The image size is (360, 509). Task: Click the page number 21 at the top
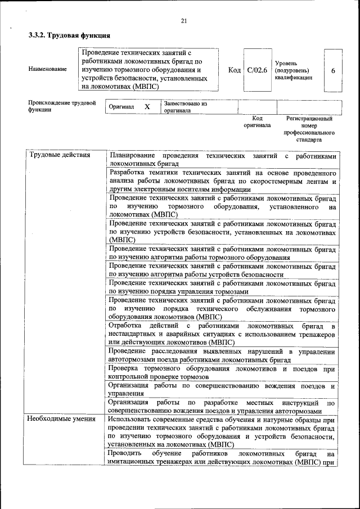(x=183, y=21)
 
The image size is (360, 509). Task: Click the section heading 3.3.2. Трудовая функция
(x=69, y=35)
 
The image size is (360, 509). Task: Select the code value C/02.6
(x=257, y=71)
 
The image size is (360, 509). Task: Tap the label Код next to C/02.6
(x=234, y=71)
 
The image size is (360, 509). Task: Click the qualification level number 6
(x=334, y=71)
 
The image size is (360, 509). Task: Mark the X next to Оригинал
(x=147, y=107)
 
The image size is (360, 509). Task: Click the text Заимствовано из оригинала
(x=186, y=107)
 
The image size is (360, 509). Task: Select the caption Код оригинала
(x=257, y=122)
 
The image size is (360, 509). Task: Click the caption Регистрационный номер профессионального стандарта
(x=309, y=129)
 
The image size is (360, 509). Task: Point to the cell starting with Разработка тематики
(x=223, y=181)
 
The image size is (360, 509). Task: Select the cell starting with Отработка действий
(x=223, y=334)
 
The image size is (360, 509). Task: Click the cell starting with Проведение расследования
(x=223, y=355)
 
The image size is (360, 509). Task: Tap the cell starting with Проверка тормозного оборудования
(x=223, y=372)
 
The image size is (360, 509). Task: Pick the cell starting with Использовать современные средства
(x=223, y=431)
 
